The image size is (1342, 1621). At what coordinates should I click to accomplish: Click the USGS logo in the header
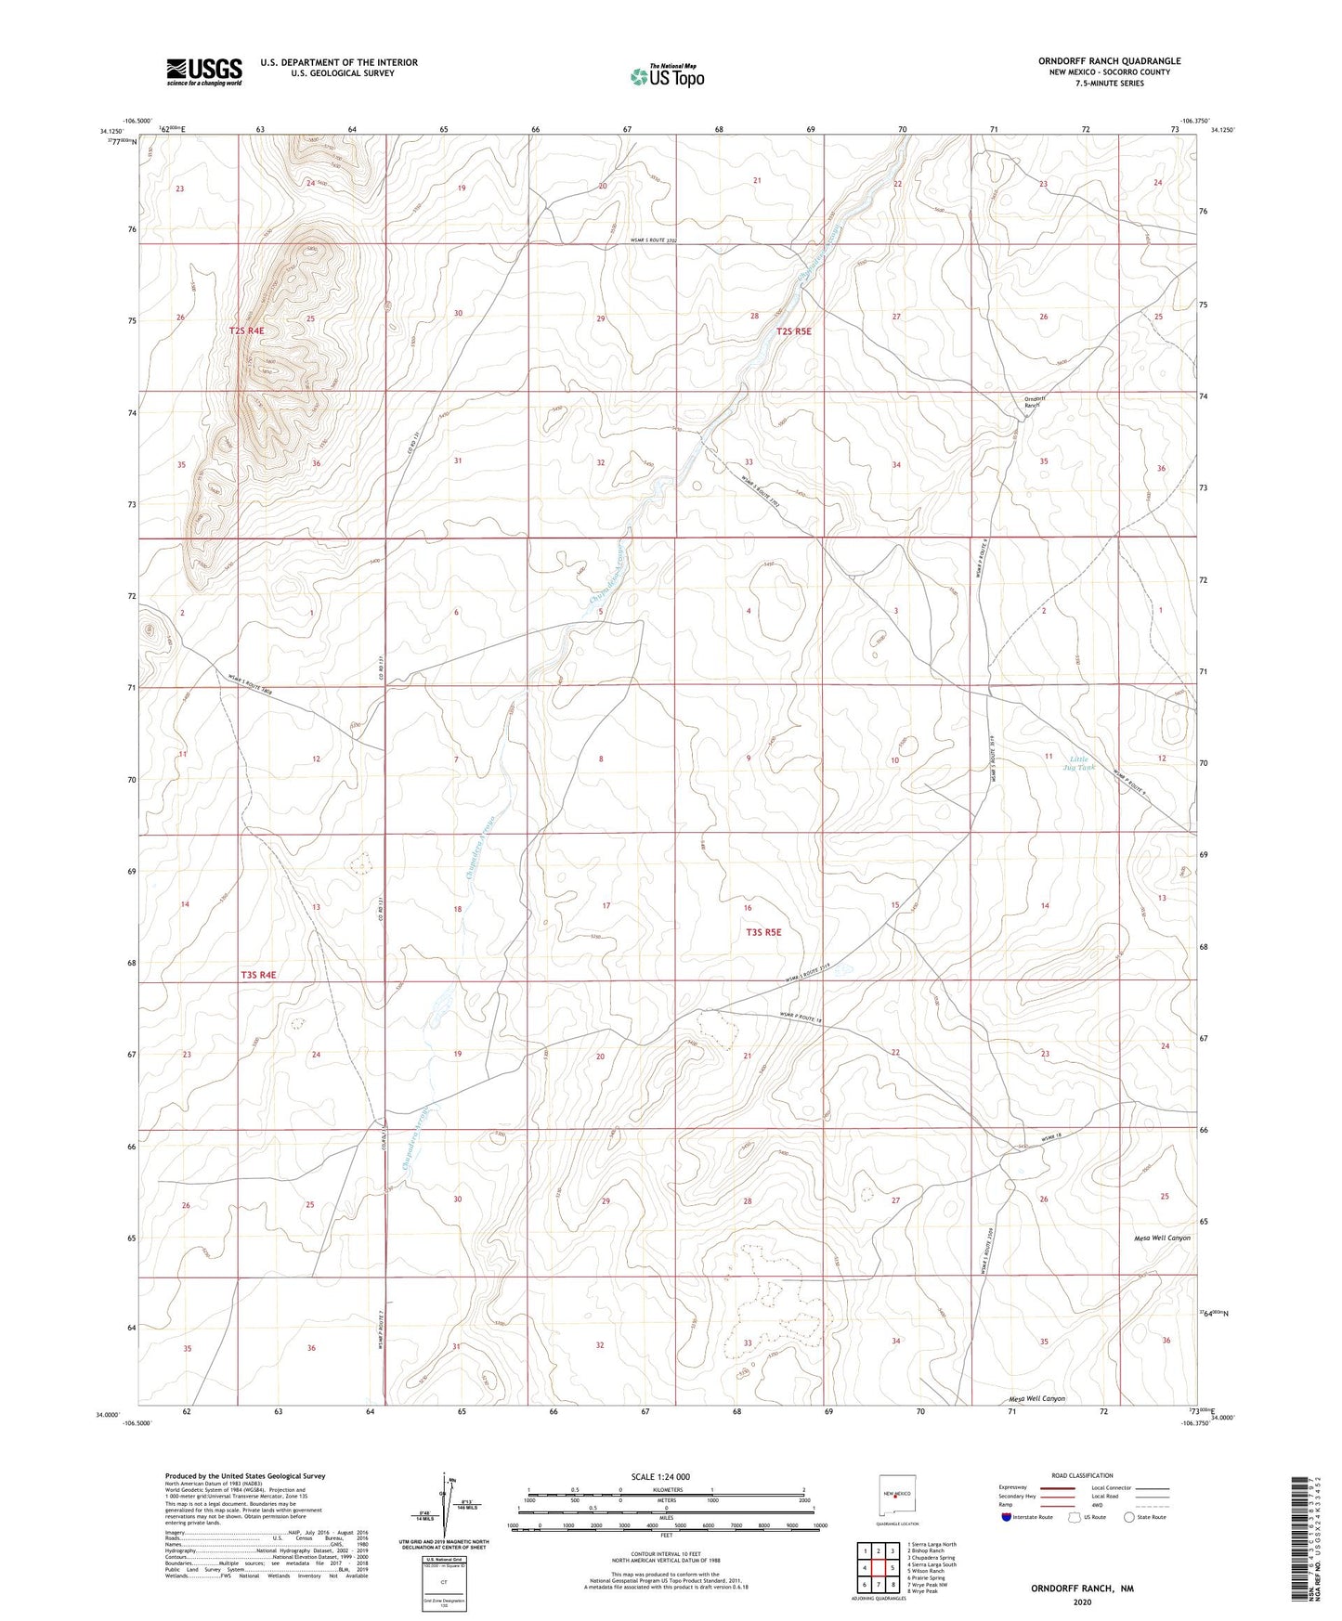(204, 71)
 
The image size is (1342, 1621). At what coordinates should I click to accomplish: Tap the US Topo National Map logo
(667, 76)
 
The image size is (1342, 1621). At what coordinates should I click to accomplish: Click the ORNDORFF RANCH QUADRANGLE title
(1109, 61)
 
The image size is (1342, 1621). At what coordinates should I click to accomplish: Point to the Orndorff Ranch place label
(1035, 402)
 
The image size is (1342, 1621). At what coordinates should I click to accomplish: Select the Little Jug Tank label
(1079, 763)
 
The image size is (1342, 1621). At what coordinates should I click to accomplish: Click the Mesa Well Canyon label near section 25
(1162, 1238)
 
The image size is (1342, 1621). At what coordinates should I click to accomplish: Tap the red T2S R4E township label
(247, 331)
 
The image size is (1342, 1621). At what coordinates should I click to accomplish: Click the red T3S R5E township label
(763, 931)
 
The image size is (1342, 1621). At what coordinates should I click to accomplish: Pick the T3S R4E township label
(259, 975)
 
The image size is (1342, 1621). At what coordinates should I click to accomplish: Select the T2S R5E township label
(794, 331)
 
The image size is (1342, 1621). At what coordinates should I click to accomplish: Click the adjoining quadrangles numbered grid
(878, 1568)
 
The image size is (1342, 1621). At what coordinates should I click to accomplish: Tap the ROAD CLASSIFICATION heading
(1082, 1475)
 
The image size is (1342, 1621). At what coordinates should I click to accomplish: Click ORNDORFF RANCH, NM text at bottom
(1082, 1589)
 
